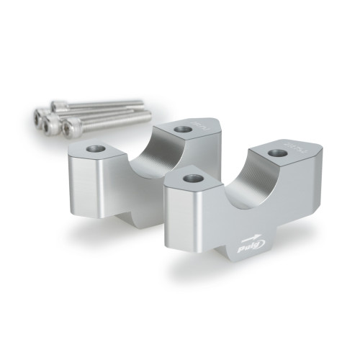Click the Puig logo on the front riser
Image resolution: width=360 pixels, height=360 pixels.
point(250,249)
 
